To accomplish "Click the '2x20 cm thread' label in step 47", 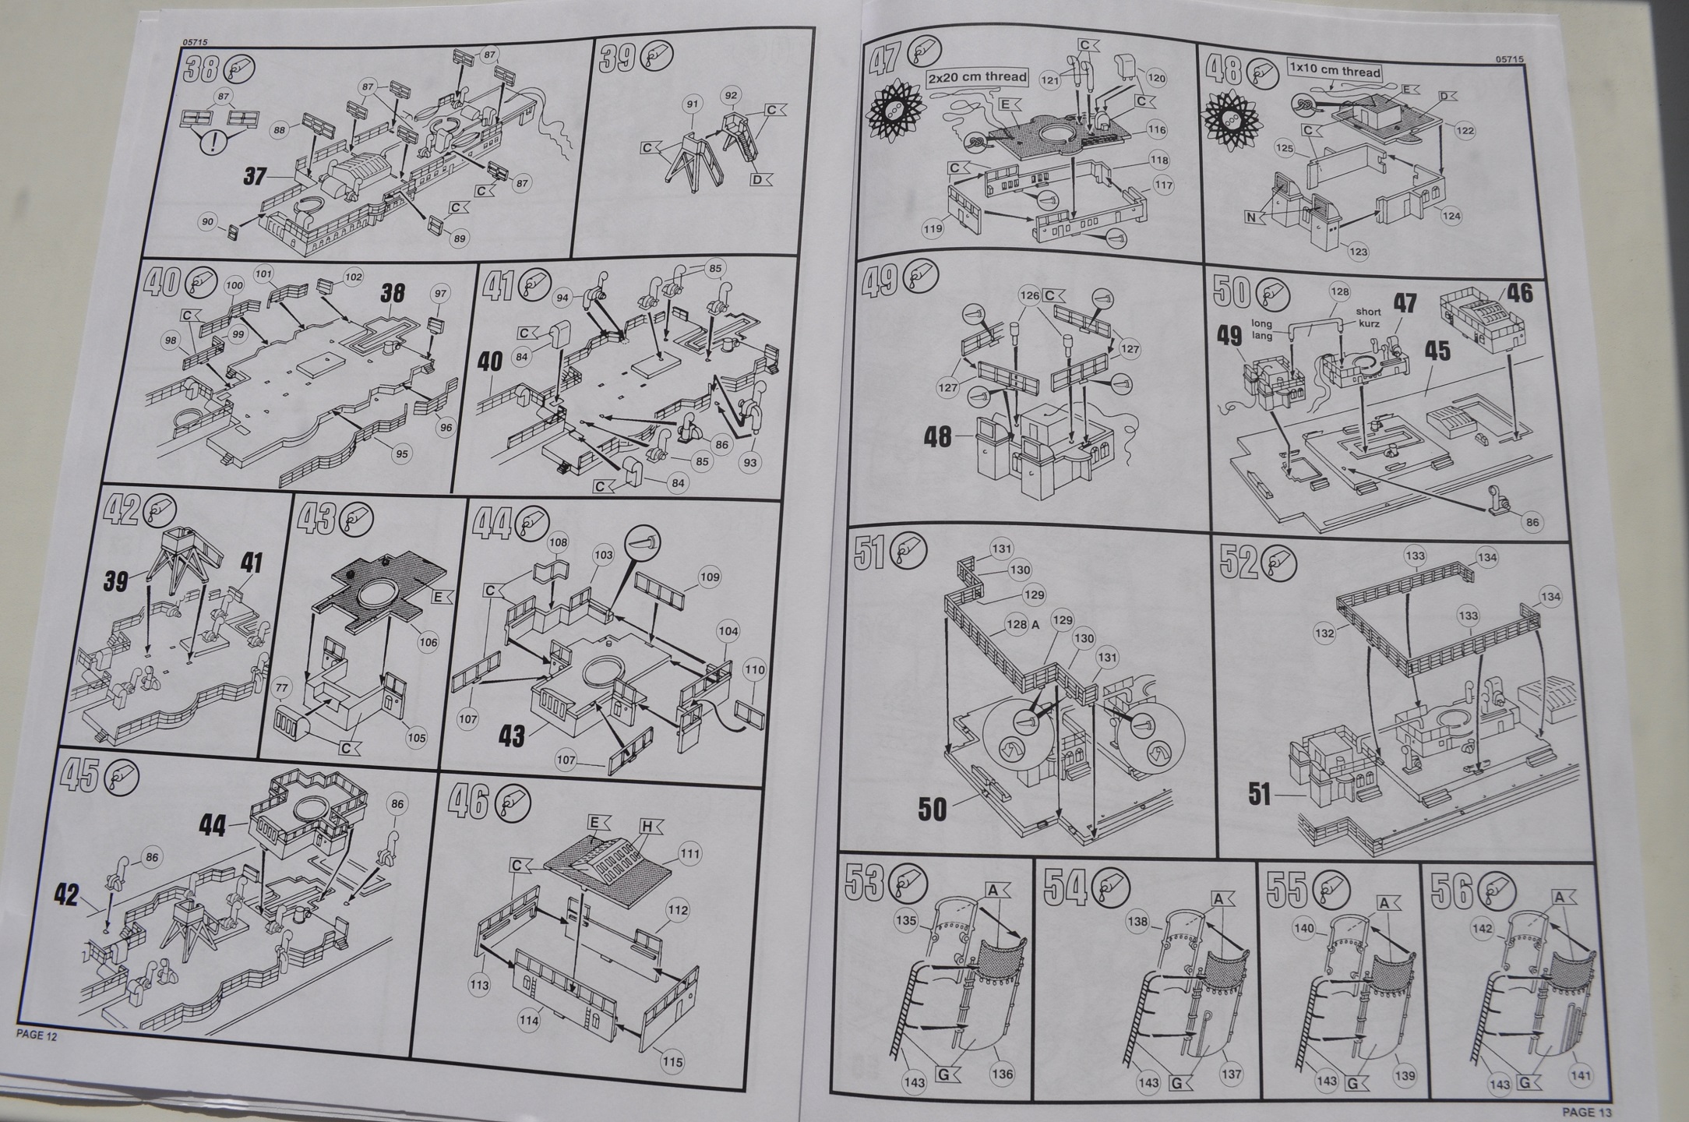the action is click(978, 77).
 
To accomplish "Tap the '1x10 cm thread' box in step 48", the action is click(1335, 71).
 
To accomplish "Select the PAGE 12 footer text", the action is click(37, 1036).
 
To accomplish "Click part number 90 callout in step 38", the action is click(207, 222).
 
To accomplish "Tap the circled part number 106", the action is click(428, 642).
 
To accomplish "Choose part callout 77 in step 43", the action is click(281, 689).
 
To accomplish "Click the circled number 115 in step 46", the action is click(672, 1061).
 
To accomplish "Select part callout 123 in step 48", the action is click(1358, 252).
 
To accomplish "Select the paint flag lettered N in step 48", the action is click(1252, 217).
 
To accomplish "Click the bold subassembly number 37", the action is click(255, 176).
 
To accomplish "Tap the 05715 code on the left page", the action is click(197, 43).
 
